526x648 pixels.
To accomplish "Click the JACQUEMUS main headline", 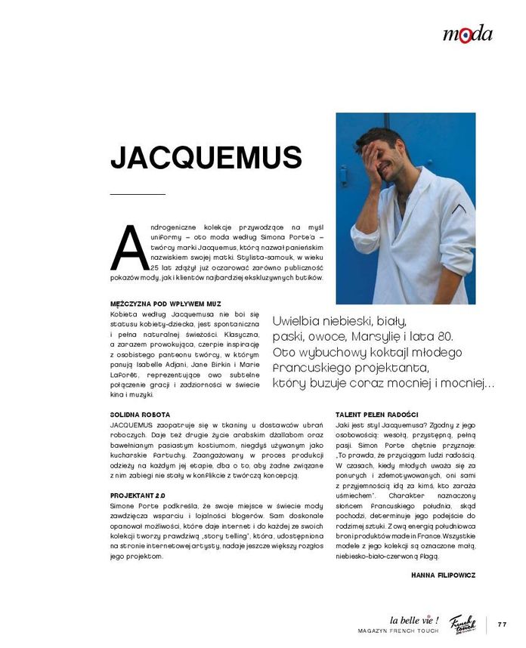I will (206, 158).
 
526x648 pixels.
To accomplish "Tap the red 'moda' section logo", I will (467, 34).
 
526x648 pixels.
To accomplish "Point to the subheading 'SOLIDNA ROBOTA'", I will (140, 415).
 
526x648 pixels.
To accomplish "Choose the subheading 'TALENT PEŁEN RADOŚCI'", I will (376, 415).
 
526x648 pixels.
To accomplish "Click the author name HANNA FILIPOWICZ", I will (443, 574).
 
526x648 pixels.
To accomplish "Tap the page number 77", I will (503, 624).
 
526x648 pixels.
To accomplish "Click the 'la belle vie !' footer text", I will (414, 620).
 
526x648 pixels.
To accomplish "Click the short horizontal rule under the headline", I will (138, 195).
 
